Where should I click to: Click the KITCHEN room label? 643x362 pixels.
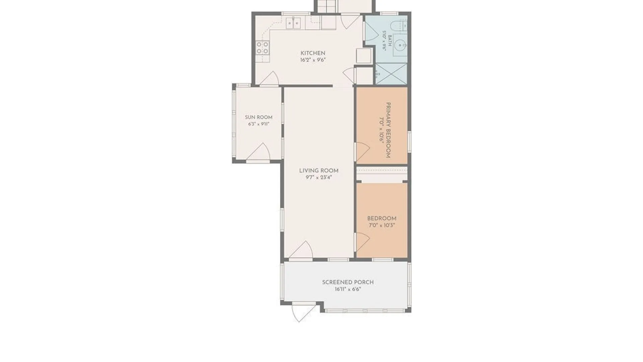click(x=313, y=53)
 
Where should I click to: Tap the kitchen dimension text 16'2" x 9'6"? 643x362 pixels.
click(x=313, y=60)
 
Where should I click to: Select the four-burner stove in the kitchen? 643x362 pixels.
click(x=263, y=48)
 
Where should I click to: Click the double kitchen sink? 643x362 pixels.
click(x=293, y=23)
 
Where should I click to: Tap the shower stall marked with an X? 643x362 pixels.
click(x=391, y=74)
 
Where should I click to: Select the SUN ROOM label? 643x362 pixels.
click(x=259, y=117)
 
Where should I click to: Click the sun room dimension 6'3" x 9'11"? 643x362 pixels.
click(x=259, y=124)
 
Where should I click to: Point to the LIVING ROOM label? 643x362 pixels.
click(x=319, y=171)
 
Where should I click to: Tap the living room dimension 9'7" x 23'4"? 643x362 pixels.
click(x=319, y=178)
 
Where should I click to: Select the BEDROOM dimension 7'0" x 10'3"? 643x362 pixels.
click(x=382, y=225)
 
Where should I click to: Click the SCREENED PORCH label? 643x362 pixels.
click(x=348, y=282)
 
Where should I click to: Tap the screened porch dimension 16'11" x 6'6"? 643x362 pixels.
click(x=348, y=289)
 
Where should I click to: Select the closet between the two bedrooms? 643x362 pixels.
click(x=382, y=174)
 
